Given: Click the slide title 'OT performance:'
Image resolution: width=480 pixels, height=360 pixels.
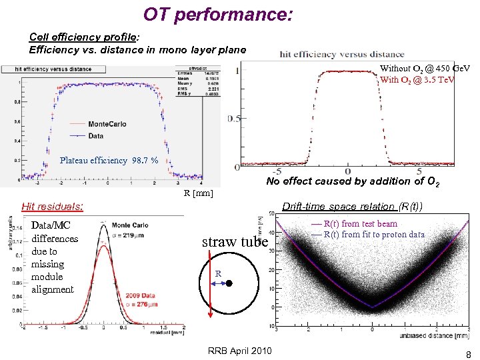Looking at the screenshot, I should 218,14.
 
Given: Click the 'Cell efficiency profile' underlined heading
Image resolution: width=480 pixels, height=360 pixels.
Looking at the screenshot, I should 82,37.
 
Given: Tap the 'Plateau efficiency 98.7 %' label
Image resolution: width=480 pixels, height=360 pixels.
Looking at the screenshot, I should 109,160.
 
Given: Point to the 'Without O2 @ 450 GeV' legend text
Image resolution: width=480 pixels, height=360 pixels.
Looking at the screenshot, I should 425,69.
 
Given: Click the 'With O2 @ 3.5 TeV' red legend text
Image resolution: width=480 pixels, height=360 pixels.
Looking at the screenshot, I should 417,80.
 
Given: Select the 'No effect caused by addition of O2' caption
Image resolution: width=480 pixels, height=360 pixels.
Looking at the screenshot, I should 352,181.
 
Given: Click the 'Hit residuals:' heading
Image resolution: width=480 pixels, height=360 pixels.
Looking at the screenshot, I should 53,207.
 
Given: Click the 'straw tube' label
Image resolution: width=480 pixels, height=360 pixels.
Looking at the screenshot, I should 235,241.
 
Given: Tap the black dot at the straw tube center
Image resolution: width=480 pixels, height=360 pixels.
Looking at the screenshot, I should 228,283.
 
